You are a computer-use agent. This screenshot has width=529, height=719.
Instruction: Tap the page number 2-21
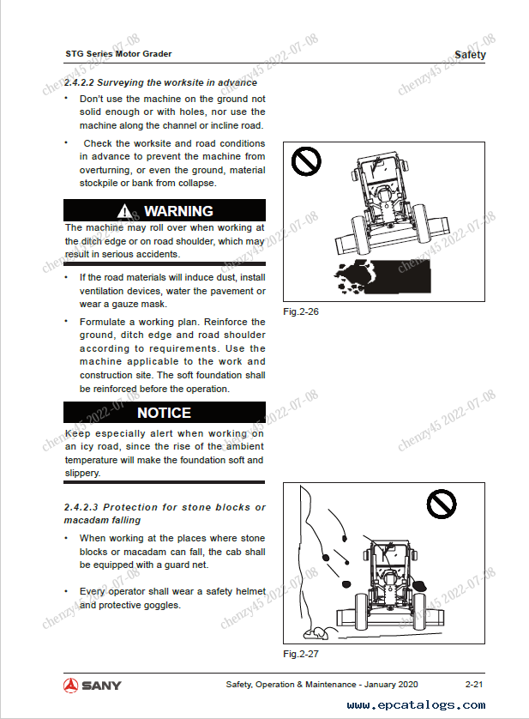click(x=474, y=684)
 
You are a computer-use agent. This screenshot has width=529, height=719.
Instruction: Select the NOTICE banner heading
click(x=164, y=413)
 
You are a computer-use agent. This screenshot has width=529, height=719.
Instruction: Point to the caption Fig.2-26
click(x=301, y=311)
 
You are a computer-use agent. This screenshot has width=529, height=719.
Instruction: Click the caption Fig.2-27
click(x=301, y=654)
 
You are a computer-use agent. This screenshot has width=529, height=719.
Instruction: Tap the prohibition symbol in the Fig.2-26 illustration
click(x=306, y=160)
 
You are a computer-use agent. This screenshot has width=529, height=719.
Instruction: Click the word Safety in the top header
click(x=470, y=55)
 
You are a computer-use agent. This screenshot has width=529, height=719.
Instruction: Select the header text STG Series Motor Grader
click(x=118, y=54)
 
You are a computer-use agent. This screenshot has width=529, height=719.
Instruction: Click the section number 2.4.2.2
click(x=80, y=83)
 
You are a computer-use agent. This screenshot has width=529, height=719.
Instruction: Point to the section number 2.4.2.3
click(x=80, y=507)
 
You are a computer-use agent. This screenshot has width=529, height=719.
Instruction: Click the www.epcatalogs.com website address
click(x=416, y=705)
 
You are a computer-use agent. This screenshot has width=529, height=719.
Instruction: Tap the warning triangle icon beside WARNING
click(x=125, y=211)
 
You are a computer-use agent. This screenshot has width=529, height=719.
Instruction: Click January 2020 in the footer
click(x=390, y=684)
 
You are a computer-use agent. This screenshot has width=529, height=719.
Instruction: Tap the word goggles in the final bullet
click(x=161, y=605)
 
